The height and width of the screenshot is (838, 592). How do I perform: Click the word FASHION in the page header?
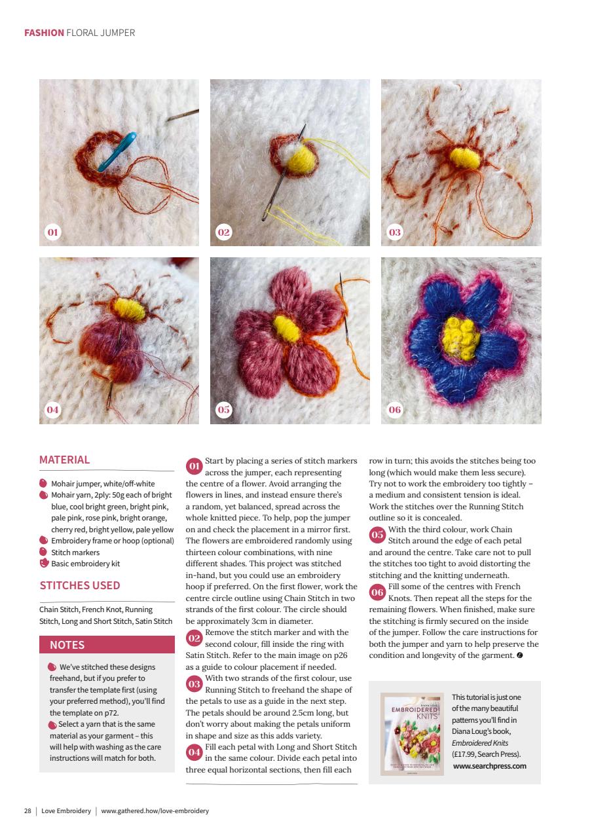click(44, 32)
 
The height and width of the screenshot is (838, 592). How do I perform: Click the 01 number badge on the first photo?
click(53, 232)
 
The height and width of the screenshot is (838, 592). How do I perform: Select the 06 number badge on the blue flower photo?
click(395, 410)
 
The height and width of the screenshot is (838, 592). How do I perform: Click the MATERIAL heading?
click(65, 460)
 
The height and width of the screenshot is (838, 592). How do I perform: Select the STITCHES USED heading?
click(80, 585)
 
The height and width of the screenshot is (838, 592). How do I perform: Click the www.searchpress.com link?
click(489, 765)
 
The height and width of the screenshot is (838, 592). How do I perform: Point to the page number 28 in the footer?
click(28, 811)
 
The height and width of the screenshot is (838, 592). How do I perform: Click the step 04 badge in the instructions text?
click(194, 752)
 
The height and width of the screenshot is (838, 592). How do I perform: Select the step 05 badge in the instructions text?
click(377, 535)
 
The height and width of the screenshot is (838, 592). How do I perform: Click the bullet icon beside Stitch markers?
click(44, 552)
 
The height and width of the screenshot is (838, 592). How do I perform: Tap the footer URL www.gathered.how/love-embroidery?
click(155, 811)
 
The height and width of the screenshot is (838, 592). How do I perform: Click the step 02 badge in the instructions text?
click(194, 638)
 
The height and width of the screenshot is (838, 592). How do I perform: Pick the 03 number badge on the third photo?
click(395, 232)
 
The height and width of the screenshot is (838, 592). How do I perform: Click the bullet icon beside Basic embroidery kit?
click(44, 563)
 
